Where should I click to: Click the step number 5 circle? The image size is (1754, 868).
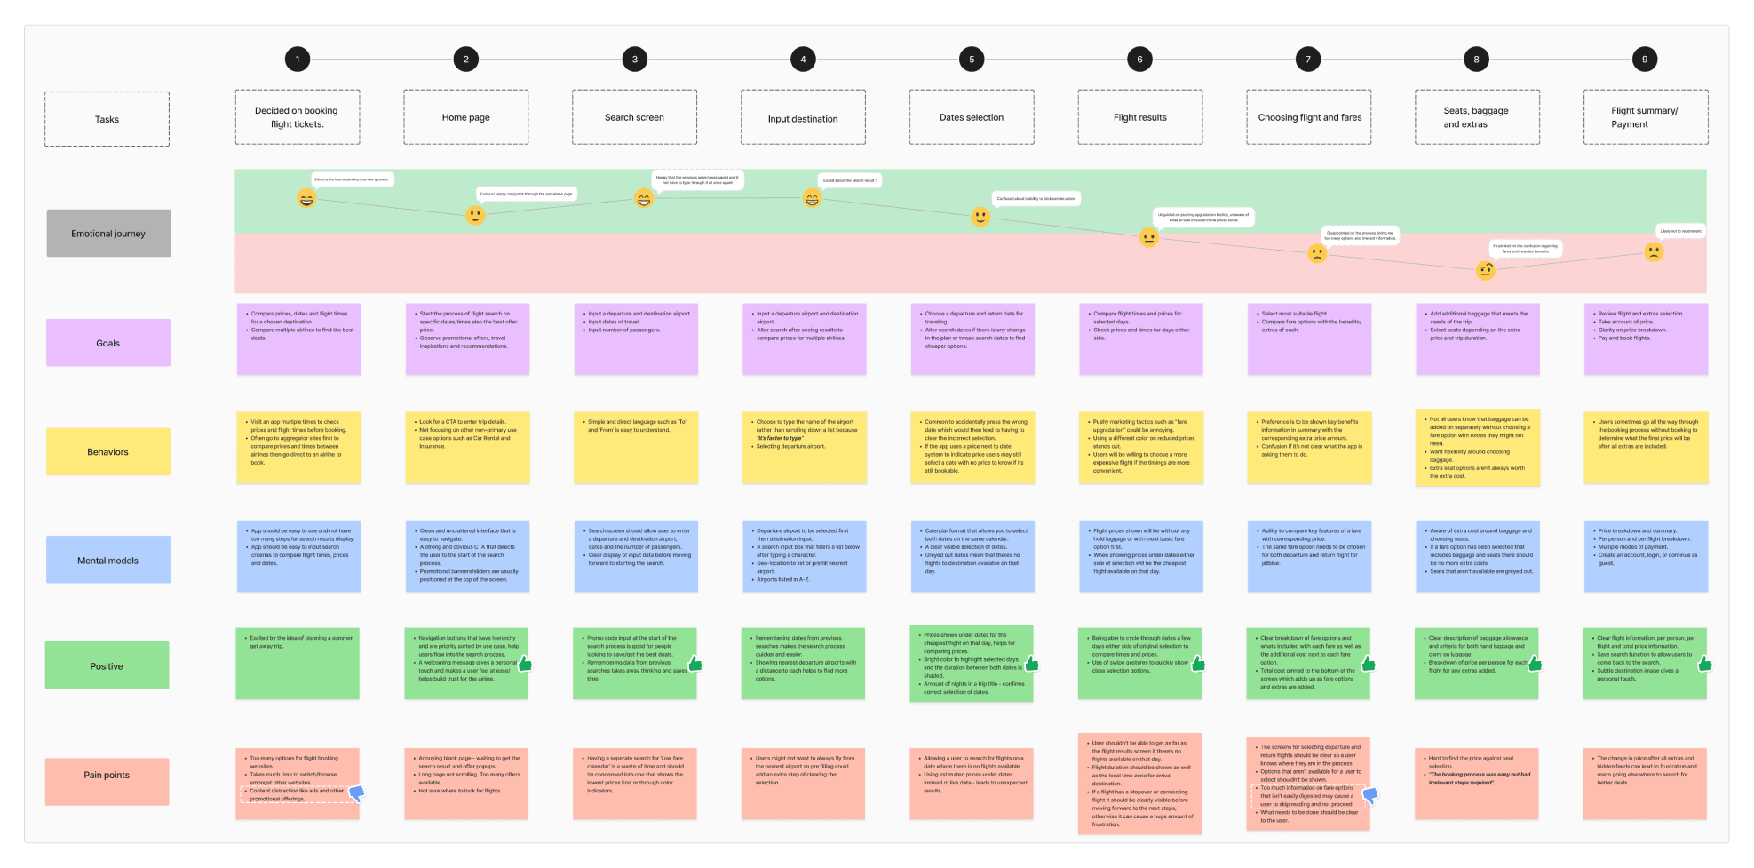pos(972,60)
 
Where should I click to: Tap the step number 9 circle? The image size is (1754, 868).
pos(1645,60)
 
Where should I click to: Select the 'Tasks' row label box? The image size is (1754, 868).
pos(107,119)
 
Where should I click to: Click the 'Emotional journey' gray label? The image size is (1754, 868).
pos(108,234)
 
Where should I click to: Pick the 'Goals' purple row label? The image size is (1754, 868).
pos(107,343)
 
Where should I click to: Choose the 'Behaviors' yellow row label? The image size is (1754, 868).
pos(107,452)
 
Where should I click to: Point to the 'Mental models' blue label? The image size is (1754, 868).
pos(107,561)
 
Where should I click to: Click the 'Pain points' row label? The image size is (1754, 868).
pos(107,776)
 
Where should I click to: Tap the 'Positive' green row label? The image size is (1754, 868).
pos(107,666)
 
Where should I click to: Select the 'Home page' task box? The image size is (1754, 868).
pos(466,117)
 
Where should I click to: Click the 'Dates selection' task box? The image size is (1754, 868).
pos(972,117)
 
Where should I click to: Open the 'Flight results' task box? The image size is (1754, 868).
pos(1140,117)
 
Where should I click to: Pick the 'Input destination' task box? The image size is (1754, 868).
pos(803,118)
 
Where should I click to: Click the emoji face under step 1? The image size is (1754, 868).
pos(306,199)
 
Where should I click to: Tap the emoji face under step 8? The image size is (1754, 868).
pos(1485,271)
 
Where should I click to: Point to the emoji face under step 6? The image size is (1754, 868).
pos(1148,237)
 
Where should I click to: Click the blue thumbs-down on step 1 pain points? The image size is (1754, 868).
pos(357,793)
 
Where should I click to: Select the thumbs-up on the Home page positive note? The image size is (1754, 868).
pos(525,664)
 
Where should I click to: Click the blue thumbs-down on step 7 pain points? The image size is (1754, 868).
pos(1370,795)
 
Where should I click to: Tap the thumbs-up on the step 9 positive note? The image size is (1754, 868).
pos(1704,664)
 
